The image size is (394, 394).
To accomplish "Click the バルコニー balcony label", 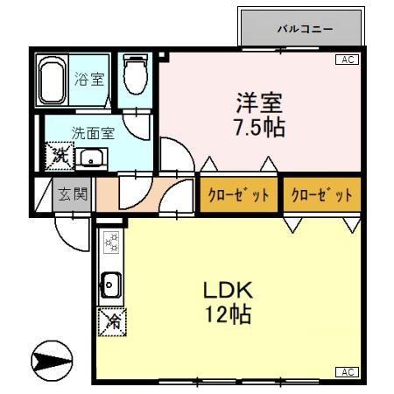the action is (x=305, y=29).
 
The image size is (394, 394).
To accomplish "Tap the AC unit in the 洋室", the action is (x=348, y=60).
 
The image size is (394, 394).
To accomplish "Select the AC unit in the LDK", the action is (x=348, y=372).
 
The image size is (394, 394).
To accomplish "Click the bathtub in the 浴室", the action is (x=52, y=80).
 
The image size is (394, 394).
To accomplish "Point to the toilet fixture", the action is (x=135, y=74).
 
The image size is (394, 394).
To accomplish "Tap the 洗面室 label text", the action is (x=93, y=133).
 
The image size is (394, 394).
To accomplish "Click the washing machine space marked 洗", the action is (x=60, y=156).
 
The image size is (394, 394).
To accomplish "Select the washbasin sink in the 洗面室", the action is (x=92, y=158).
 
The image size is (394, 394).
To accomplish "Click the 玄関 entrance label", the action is (x=73, y=193).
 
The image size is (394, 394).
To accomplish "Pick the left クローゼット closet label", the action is (x=238, y=194).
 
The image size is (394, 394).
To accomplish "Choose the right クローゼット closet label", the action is (x=322, y=194).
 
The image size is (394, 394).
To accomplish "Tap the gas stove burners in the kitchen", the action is (x=112, y=242).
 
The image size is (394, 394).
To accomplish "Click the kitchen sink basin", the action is (x=110, y=285).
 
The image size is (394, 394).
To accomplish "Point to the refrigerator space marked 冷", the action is (x=112, y=322).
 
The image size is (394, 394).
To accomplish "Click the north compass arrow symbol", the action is (x=52, y=361).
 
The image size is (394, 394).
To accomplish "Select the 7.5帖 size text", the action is (x=260, y=128).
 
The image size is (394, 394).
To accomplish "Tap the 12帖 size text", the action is (x=229, y=314).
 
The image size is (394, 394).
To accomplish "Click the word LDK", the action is (x=228, y=290).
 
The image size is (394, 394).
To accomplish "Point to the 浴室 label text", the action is (x=89, y=79).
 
